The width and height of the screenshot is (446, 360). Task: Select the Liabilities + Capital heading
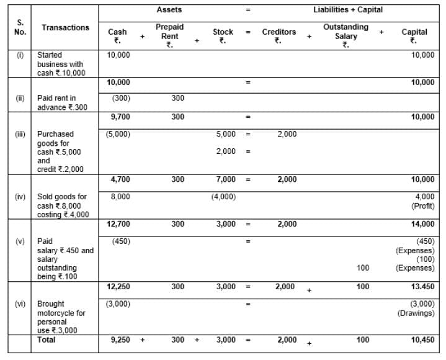pyautogui.click(x=348, y=10)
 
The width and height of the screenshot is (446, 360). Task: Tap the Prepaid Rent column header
pyautogui.click(x=169, y=36)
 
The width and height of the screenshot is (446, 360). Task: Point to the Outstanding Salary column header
pyautogui.click(x=346, y=36)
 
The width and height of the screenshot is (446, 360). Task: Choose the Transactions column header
pyautogui.click(x=65, y=27)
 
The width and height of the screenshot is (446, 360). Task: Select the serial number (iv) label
pyautogui.click(x=20, y=197)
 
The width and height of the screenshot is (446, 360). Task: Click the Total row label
pyautogui.click(x=46, y=340)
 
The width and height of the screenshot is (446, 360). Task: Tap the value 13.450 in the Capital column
pyautogui.click(x=422, y=287)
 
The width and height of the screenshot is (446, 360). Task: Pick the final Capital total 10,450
pyautogui.click(x=422, y=340)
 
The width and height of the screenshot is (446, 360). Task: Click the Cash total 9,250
pyautogui.click(x=119, y=340)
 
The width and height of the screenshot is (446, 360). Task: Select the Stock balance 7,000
pyautogui.click(x=225, y=179)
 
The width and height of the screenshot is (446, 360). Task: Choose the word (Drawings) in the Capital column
pyautogui.click(x=416, y=313)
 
